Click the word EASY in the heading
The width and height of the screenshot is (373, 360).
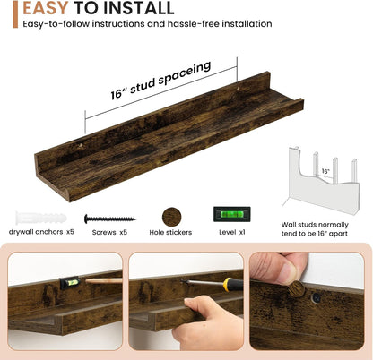(x=46, y=8)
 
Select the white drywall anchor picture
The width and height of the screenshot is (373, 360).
(x=41, y=218)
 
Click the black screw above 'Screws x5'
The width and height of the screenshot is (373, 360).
(x=110, y=219)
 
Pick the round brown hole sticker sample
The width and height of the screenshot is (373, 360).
(x=171, y=217)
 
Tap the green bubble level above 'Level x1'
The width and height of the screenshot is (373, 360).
(x=232, y=214)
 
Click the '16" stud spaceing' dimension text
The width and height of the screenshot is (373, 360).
(x=160, y=80)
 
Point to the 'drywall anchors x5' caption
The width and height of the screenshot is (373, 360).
(x=41, y=232)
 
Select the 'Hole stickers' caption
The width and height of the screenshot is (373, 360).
(x=170, y=232)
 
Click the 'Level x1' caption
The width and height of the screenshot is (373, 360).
(x=232, y=232)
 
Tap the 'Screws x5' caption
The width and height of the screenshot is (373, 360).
(x=109, y=232)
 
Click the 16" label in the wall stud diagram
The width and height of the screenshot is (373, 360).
(x=325, y=171)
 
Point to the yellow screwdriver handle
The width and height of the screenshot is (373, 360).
(x=233, y=285)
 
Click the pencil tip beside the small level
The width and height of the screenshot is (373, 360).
(x=87, y=281)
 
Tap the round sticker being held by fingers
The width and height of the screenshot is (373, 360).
(x=296, y=289)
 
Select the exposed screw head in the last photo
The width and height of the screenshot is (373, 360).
(x=317, y=297)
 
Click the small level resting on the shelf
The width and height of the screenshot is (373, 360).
(x=70, y=283)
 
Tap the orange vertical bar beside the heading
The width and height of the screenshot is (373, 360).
(x=15, y=14)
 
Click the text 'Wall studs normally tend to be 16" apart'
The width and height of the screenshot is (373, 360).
(x=315, y=229)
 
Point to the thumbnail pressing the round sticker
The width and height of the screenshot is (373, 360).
(x=289, y=273)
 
